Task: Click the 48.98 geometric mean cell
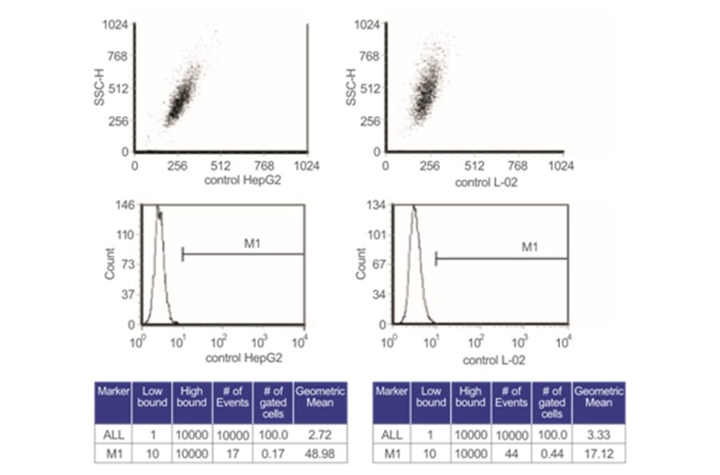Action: [320, 453]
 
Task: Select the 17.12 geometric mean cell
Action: [598, 453]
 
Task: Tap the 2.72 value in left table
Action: [320, 434]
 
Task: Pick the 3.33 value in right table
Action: [598, 434]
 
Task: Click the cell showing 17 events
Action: [232, 453]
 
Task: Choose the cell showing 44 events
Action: [511, 453]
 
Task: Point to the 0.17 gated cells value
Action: [273, 453]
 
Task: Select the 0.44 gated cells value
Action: [552, 453]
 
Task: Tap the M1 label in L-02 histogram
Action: [530, 247]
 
